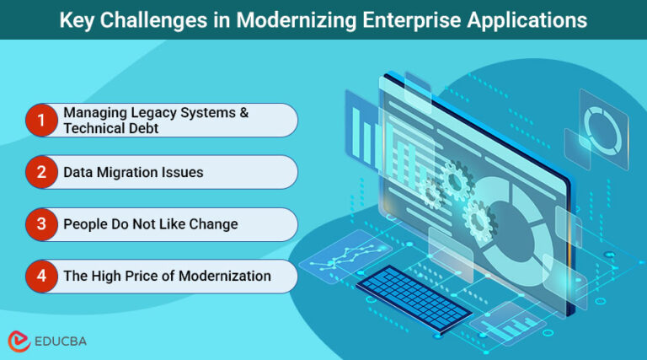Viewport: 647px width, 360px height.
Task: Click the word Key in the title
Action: [x=78, y=19]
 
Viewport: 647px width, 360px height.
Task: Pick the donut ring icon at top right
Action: [x=601, y=126]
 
